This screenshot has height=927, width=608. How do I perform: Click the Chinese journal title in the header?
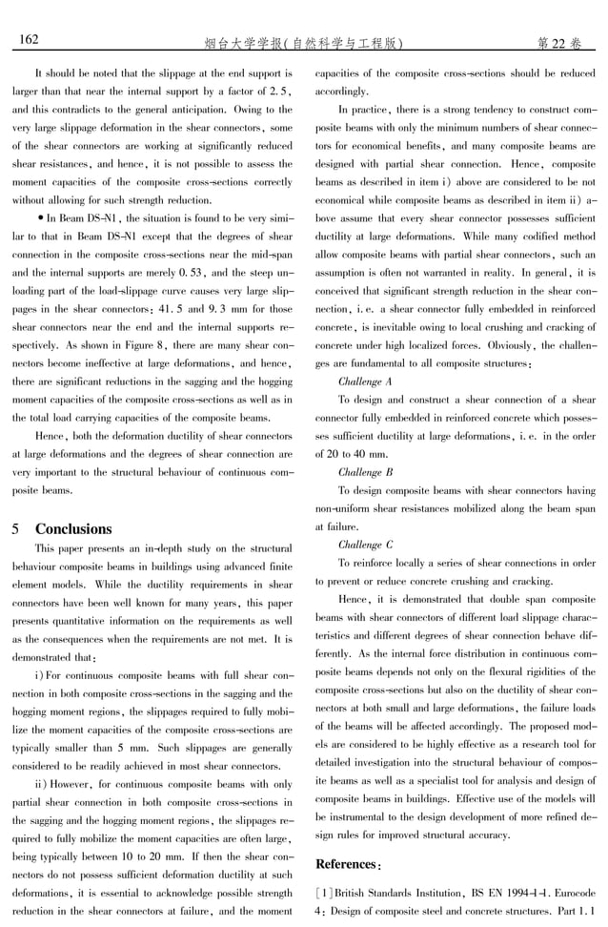(302, 43)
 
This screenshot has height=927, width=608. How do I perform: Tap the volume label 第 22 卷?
(558, 43)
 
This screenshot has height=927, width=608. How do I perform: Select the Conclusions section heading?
(73, 528)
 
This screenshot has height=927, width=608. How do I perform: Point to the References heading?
(348, 864)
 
